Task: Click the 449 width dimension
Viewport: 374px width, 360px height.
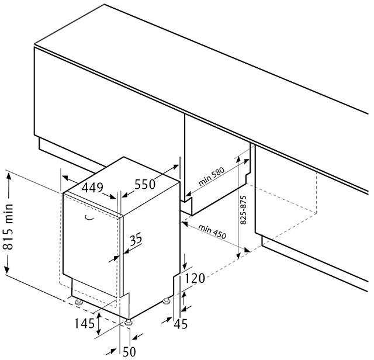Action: pyautogui.click(x=92, y=188)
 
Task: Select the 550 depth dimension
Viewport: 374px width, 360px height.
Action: pyautogui.click(x=145, y=184)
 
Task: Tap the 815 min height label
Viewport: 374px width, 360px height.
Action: pyautogui.click(x=9, y=226)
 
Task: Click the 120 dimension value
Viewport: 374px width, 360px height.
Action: pyautogui.click(x=195, y=278)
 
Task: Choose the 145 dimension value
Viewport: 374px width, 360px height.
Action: pyautogui.click(x=85, y=324)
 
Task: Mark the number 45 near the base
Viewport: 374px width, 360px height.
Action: pyautogui.click(x=181, y=324)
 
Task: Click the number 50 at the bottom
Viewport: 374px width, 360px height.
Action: pyautogui.click(x=129, y=352)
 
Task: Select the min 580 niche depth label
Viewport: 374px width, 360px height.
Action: pyautogui.click(x=212, y=176)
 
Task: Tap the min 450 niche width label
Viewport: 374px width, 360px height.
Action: pyautogui.click(x=212, y=231)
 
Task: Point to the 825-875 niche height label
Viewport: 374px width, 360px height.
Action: pyautogui.click(x=243, y=210)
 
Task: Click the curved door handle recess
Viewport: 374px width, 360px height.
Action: pyautogui.click(x=89, y=217)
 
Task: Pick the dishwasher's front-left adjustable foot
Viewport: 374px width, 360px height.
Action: pyautogui.click(x=78, y=303)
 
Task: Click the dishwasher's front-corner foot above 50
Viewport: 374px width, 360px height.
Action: pyautogui.click(x=128, y=323)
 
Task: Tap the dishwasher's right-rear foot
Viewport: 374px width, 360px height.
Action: pyautogui.click(x=166, y=302)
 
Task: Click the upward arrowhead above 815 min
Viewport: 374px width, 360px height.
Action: pyautogui.click(x=9, y=176)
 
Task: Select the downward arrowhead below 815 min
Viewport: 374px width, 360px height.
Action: pyautogui.click(x=7, y=269)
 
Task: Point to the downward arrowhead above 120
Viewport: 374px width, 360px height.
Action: pyautogui.click(x=185, y=265)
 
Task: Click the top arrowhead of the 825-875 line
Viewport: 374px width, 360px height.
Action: pyautogui.click(x=238, y=160)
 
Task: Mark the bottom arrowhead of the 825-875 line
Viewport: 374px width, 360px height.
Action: pyautogui.click(x=238, y=255)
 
